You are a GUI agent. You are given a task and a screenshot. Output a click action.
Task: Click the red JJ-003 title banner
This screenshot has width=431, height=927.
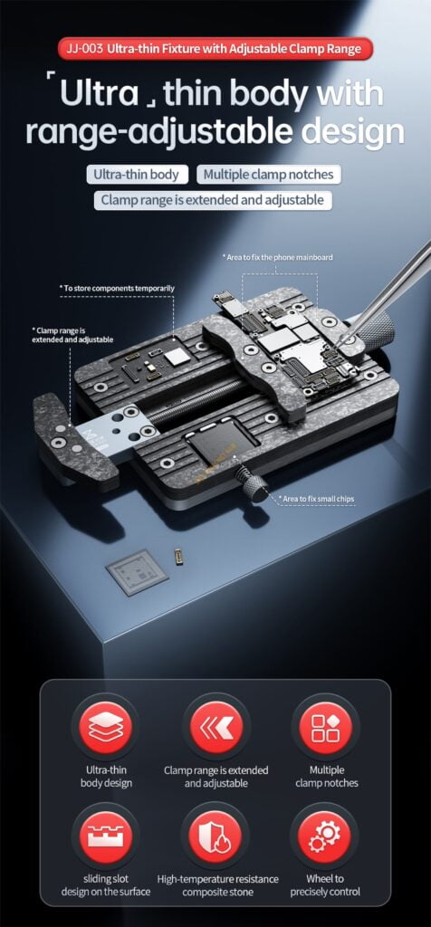215,49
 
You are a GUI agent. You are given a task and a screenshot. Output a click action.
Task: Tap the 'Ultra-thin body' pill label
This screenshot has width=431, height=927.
137,175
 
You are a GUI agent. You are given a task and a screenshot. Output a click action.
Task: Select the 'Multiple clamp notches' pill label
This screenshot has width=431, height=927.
268,175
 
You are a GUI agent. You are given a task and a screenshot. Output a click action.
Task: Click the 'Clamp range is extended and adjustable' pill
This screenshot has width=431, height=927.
213,200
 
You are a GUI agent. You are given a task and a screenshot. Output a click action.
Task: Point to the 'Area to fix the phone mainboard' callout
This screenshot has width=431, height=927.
277,257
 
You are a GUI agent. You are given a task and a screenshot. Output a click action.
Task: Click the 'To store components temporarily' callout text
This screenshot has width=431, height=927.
117,288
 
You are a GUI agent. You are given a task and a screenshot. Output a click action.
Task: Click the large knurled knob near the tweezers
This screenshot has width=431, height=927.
375,329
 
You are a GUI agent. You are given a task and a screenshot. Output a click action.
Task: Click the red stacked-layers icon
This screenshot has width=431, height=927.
106,728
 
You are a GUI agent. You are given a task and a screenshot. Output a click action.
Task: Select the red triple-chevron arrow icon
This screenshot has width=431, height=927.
215,728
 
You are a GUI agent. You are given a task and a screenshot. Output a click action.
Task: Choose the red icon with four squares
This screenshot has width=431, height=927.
325,728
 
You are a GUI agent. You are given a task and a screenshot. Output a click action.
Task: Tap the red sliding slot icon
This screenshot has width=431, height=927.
106,836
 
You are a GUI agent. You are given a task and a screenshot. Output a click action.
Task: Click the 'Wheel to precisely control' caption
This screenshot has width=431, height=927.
324,885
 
